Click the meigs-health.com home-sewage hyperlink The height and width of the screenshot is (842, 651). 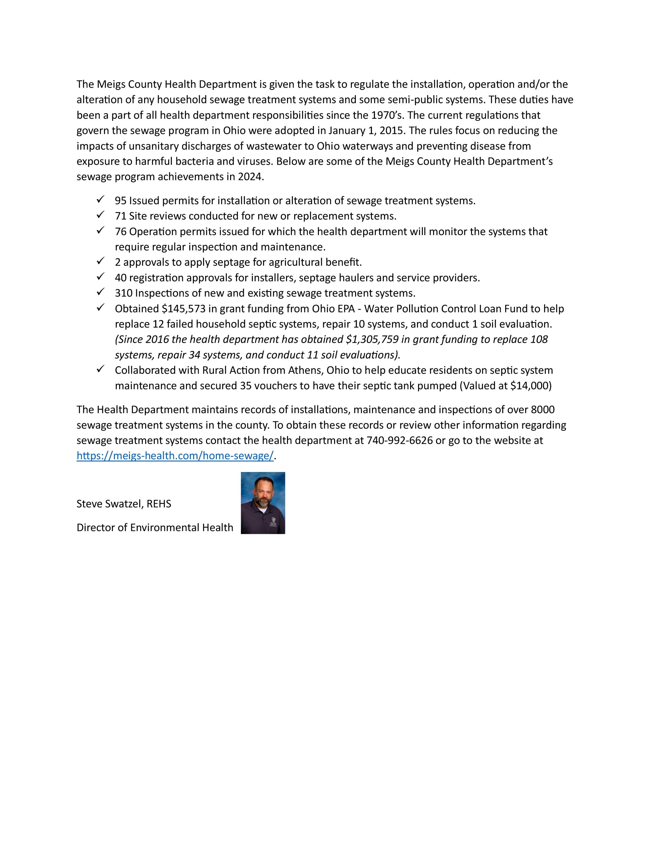tap(175, 456)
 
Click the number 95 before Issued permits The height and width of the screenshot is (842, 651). tap(120, 201)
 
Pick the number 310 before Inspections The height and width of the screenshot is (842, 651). tap(123, 293)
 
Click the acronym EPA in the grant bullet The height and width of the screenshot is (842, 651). tap(350, 309)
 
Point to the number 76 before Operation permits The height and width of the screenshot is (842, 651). tap(120, 232)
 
